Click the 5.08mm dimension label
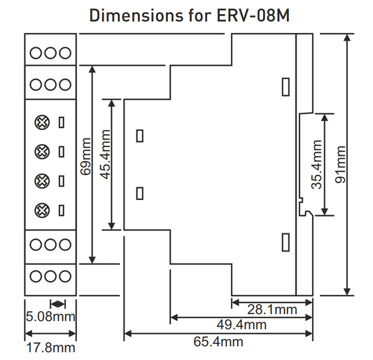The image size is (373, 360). click(x=50, y=317)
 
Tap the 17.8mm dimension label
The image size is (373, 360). click(x=50, y=347)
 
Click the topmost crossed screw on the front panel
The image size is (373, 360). click(x=42, y=123)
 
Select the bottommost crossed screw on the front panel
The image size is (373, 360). click(x=42, y=209)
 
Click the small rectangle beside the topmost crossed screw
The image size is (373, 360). click(x=62, y=123)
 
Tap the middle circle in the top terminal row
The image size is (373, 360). click(x=51, y=52)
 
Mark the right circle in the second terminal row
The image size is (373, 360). click(x=64, y=84)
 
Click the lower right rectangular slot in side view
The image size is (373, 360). click(x=286, y=242)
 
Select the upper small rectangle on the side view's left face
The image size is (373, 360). click(x=140, y=136)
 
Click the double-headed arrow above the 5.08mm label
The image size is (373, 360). click(x=58, y=303)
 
